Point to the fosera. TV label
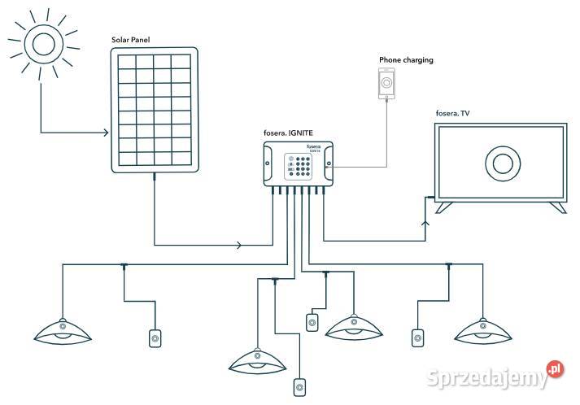(x=453, y=114)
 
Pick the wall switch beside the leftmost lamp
(x=155, y=337)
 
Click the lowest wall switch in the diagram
(x=302, y=387)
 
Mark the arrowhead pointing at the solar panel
(x=107, y=133)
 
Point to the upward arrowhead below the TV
(x=424, y=221)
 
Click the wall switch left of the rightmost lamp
(x=418, y=336)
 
